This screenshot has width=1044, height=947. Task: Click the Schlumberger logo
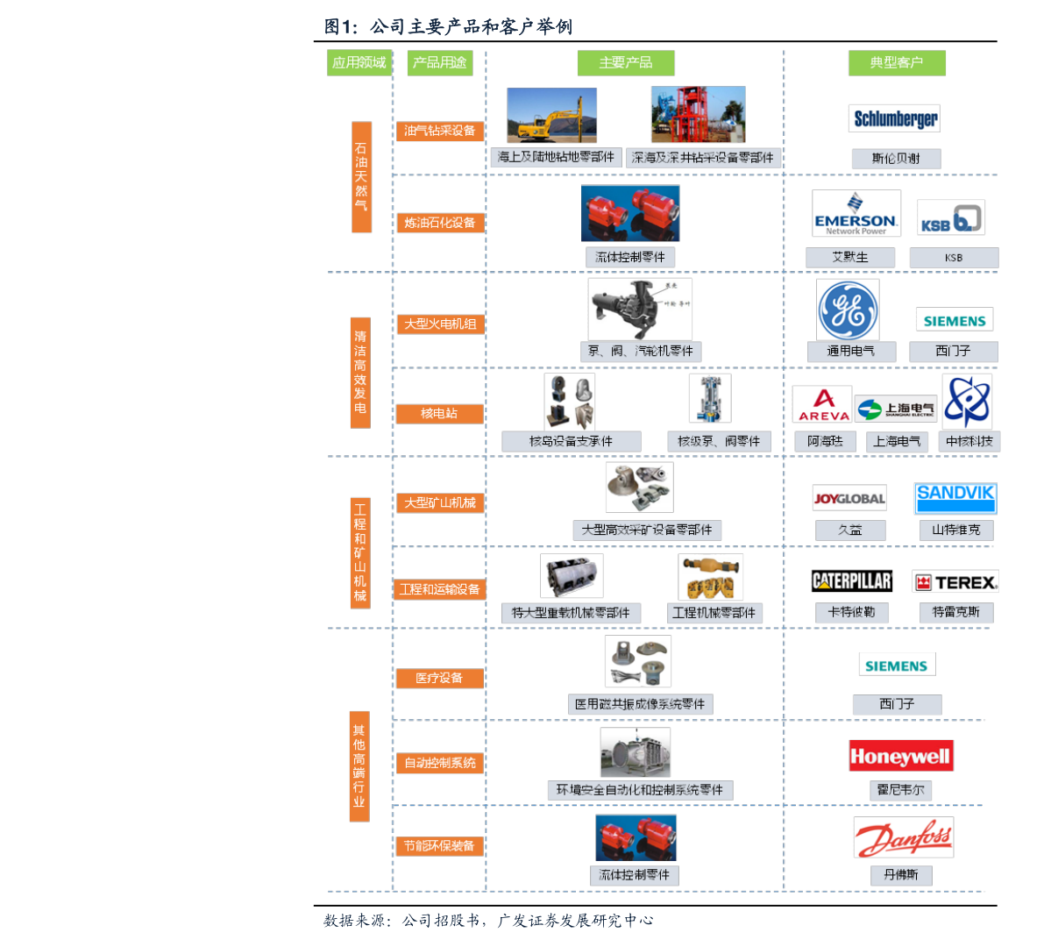point(894,118)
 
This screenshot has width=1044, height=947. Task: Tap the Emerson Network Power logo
point(856,214)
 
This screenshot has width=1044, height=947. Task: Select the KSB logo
point(951,217)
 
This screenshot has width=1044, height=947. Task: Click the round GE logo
point(848,310)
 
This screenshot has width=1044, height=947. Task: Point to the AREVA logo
point(822,405)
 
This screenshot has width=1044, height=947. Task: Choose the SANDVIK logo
point(955,498)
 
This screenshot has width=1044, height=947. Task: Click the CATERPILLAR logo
point(851,580)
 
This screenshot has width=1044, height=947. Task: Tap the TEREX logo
point(955,581)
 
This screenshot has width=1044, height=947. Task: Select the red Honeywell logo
point(900,757)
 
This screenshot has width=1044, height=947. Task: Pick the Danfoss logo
point(903,838)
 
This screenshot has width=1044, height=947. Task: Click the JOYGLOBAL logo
point(849,498)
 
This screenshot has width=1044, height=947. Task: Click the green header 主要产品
point(626,63)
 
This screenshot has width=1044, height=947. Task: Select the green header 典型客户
point(896,63)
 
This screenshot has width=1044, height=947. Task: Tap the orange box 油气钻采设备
point(439,131)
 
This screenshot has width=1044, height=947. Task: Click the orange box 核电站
point(439,413)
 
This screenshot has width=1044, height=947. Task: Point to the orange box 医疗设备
point(439,678)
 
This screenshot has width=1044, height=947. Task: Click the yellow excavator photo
point(552,115)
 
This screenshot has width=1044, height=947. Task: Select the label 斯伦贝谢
point(896,159)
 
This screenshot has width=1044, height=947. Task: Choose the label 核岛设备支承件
point(571,441)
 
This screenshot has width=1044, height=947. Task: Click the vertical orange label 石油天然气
point(361,176)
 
